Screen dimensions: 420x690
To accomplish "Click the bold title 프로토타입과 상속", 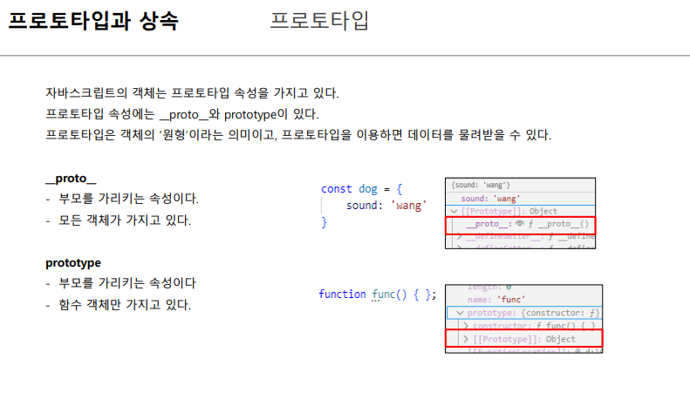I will (93, 21).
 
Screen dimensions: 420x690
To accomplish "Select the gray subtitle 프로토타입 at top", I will (318, 21).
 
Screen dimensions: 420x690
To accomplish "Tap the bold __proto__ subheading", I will (71, 178).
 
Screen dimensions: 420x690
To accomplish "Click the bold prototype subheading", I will (73, 262).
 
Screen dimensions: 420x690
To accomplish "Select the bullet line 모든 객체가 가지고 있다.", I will (124, 220).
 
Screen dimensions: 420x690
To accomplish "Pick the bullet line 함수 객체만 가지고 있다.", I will (124, 305).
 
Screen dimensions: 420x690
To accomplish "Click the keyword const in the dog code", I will (337, 188).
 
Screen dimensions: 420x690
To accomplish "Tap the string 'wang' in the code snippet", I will (408, 205).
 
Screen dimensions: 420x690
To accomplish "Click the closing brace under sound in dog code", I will (325, 222).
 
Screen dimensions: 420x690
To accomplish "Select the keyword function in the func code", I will (342, 295).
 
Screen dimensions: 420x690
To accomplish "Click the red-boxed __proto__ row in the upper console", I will (520, 225).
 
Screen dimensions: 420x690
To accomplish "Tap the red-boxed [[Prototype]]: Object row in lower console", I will (523, 339).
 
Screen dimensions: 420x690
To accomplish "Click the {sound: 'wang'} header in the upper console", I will (481, 185).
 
